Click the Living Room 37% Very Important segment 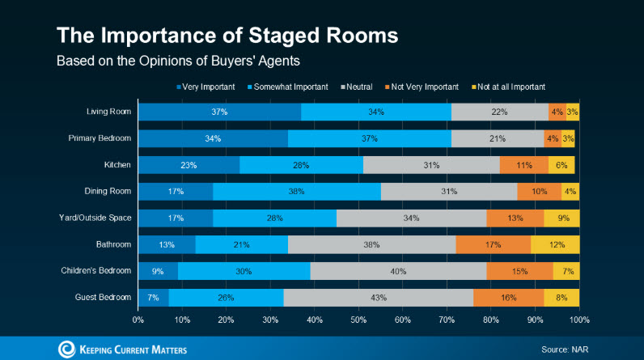click(219, 112)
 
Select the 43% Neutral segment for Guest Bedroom click(378, 297)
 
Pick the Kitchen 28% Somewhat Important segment click(301, 165)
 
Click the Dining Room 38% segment click(296, 192)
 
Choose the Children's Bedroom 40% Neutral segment click(398, 271)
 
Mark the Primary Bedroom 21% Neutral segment click(497, 138)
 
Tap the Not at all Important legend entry click(511, 86)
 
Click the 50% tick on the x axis click(358, 320)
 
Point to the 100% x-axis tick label click(578, 320)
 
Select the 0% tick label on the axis click(138, 320)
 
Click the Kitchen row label click(117, 165)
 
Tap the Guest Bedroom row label click(104, 297)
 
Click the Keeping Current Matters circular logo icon click(66, 349)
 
